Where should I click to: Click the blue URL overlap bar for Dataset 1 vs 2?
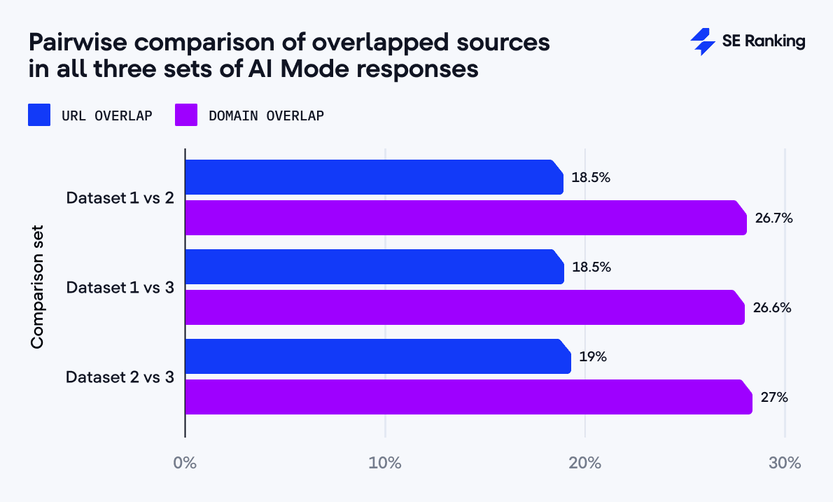click(x=374, y=177)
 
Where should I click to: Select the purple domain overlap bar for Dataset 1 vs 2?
click(x=465, y=218)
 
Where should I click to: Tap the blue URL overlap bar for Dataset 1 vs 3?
click(x=374, y=267)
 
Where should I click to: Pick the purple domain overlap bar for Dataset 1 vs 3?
click(x=464, y=307)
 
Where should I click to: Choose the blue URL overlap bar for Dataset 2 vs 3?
click(x=378, y=356)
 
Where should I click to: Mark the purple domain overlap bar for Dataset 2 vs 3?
click(x=468, y=397)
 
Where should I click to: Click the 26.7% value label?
click(x=773, y=218)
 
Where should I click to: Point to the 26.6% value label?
click(x=772, y=308)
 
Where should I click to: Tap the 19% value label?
click(x=592, y=357)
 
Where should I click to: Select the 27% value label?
click(x=774, y=398)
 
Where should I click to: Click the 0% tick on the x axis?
click(x=185, y=463)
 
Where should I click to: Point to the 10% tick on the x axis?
click(x=385, y=463)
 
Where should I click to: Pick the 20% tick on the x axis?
click(x=585, y=463)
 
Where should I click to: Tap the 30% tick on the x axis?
click(x=785, y=463)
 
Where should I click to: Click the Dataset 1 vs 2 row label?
click(x=120, y=197)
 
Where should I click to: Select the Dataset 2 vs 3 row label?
click(x=120, y=377)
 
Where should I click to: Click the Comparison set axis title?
click(x=38, y=286)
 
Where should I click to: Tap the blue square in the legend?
click(x=39, y=116)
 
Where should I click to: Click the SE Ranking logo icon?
click(x=702, y=42)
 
